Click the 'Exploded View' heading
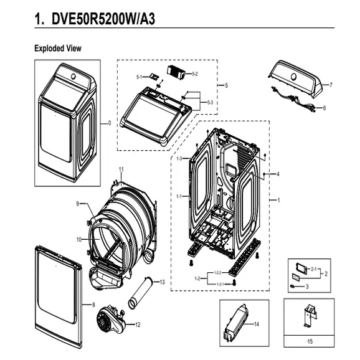pyautogui.click(x=57, y=49)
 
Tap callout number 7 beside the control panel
pyautogui.click(x=331, y=84)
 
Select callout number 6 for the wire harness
pyautogui.click(x=324, y=108)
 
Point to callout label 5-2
pyautogui.click(x=194, y=74)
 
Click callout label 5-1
pyautogui.click(x=140, y=77)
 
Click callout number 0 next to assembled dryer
pyautogui.click(x=110, y=123)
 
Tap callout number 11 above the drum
pyautogui.click(x=121, y=169)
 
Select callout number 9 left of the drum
pyautogui.click(x=78, y=204)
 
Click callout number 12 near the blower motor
pyautogui.click(x=138, y=324)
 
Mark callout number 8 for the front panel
pyautogui.click(x=93, y=305)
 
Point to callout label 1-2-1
pyautogui.click(x=218, y=284)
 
